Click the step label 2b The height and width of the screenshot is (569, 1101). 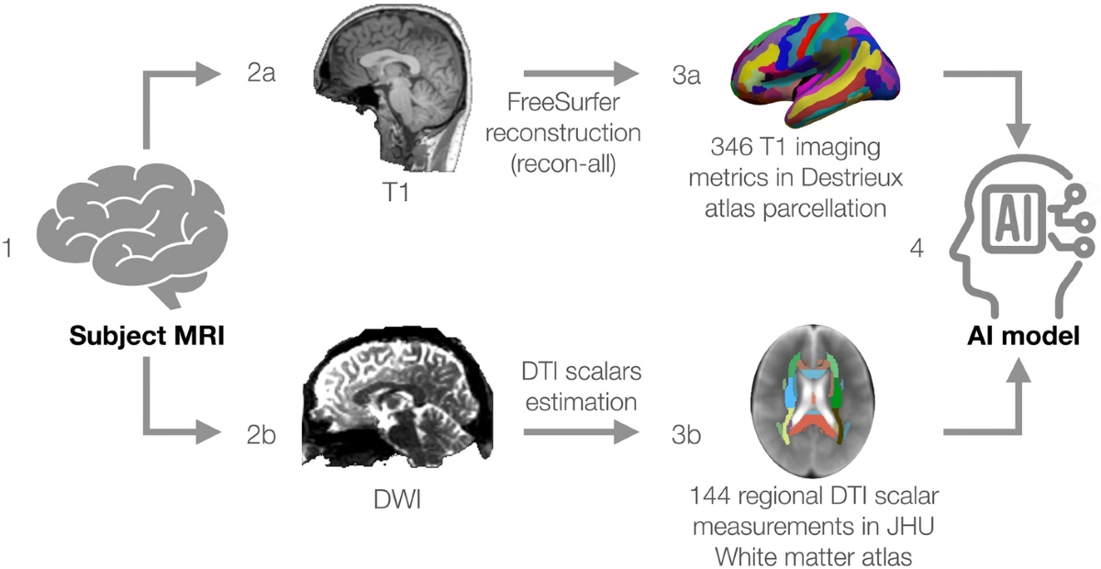coord(261,432)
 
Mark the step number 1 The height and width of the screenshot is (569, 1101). coord(8,249)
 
